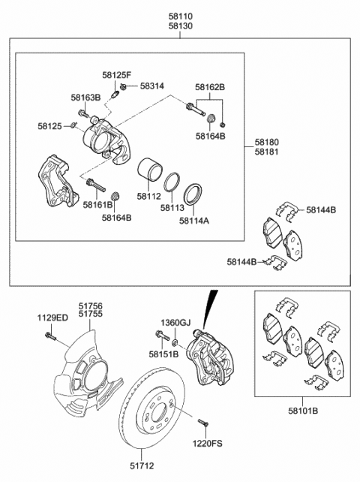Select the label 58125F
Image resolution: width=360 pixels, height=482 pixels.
116,76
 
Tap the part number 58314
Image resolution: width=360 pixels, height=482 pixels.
152,88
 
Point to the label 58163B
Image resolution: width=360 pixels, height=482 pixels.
85,98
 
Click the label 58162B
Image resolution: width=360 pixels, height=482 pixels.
210,88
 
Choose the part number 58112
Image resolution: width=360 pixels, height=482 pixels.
148,197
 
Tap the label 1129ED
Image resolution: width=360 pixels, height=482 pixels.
52,318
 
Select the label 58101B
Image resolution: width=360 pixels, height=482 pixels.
304,411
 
